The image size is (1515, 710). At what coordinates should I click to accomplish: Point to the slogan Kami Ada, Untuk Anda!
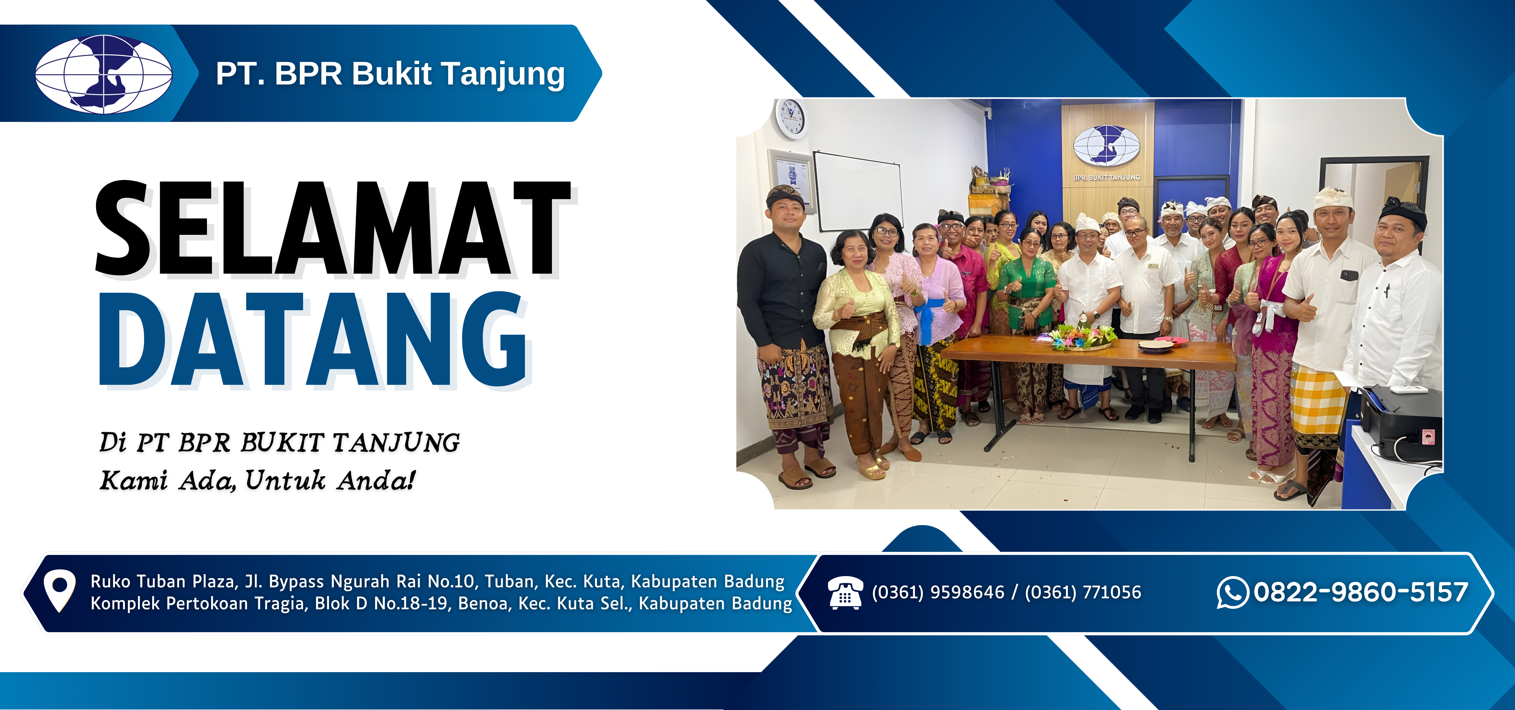[x=258, y=480]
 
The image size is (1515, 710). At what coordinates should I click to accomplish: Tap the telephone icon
[x=845, y=593]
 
